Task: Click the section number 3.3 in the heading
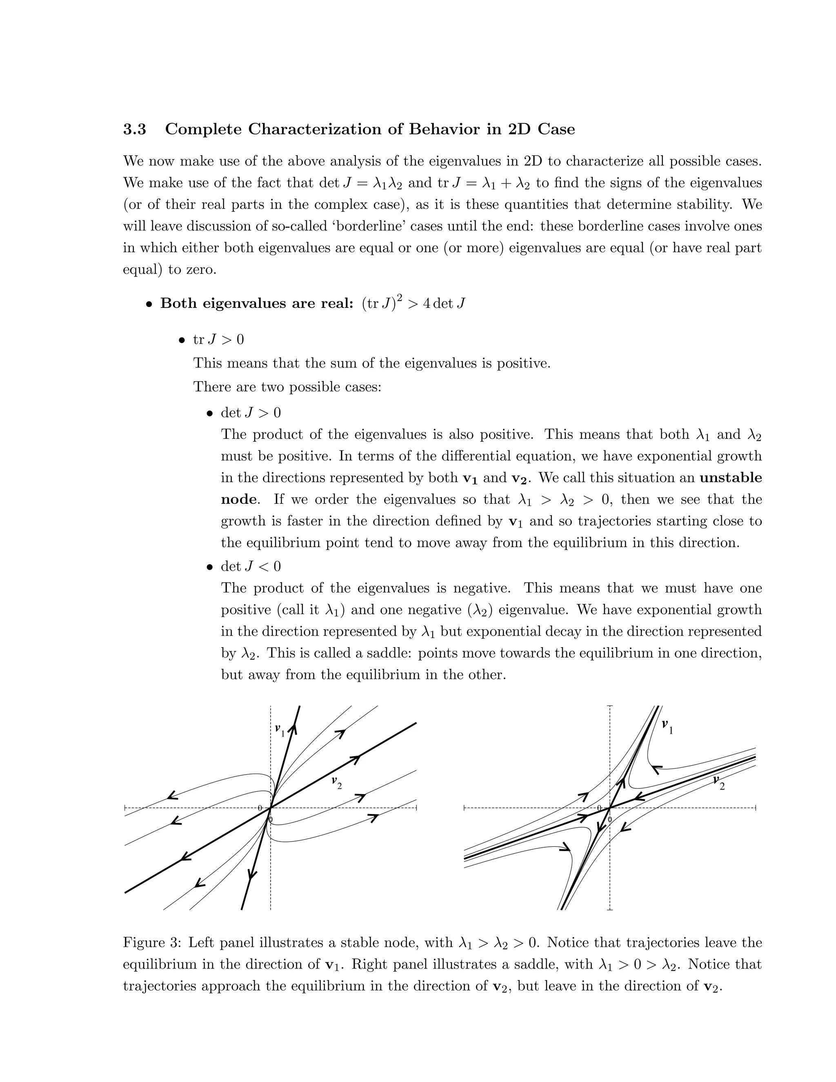click(135, 129)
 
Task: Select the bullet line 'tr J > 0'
click(218, 340)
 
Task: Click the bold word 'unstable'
click(731, 478)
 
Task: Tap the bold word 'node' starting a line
click(240, 499)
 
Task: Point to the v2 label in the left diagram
click(337, 783)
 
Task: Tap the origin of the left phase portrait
click(270, 808)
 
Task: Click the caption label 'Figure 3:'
click(152, 942)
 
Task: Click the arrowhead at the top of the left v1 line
click(293, 728)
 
